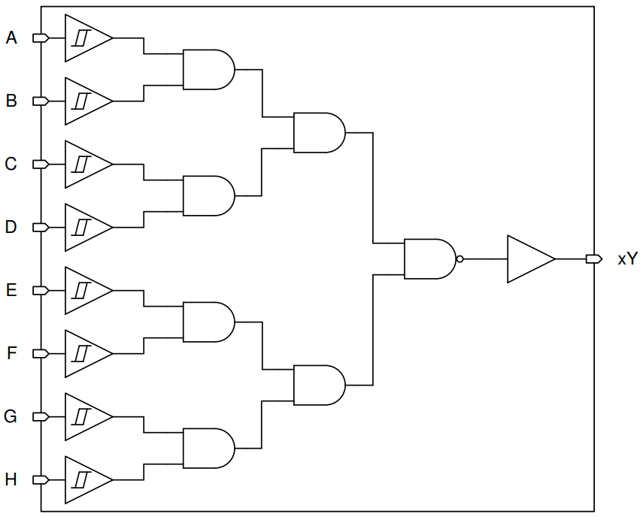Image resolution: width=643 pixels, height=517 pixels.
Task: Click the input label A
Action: [11, 38]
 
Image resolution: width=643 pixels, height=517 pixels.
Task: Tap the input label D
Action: [11, 227]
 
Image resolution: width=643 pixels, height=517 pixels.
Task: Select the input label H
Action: [11, 479]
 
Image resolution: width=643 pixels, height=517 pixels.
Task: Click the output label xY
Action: [627, 259]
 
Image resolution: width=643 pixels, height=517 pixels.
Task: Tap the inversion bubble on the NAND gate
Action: [460, 259]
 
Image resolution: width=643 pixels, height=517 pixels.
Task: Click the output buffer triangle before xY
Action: [527, 259]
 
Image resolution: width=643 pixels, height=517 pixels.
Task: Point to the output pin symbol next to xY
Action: [594, 259]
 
